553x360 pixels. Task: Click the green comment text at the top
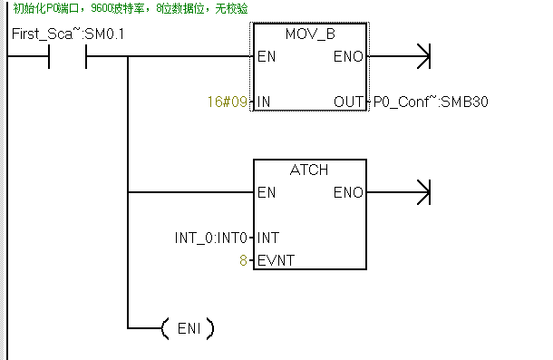(x=131, y=9)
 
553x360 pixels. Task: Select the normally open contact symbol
(x=68, y=56)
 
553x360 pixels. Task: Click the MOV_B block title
(x=309, y=34)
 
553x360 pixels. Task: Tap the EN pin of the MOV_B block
(x=267, y=56)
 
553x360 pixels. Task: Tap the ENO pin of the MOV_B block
(x=349, y=56)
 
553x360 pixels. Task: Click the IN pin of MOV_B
(x=265, y=102)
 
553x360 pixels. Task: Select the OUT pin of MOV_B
(x=349, y=102)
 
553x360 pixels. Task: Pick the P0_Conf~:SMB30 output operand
(x=432, y=102)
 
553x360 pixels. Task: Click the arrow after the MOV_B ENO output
(x=419, y=56)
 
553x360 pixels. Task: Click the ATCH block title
(x=309, y=170)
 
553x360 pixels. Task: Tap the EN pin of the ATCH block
(x=267, y=192)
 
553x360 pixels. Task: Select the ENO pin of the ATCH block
(x=349, y=192)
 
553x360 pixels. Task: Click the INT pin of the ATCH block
(x=268, y=238)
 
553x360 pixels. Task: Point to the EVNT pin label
(x=275, y=260)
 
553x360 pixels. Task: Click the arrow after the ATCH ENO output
(x=419, y=192)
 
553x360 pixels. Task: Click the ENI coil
(x=187, y=328)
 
